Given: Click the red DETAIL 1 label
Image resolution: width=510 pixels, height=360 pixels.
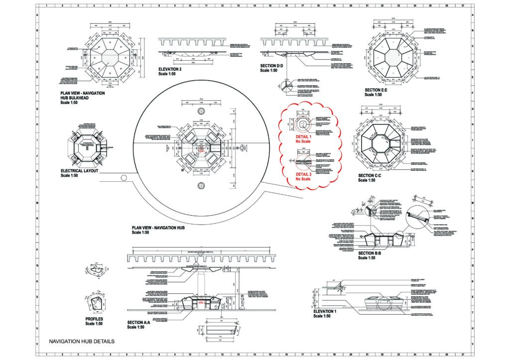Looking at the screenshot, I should (303, 136).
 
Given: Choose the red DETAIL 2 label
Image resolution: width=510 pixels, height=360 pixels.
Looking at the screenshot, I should (303, 174).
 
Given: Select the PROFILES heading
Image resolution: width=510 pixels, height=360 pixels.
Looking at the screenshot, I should (94, 319).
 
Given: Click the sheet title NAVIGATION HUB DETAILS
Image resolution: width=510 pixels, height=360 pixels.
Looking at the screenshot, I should (82, 342).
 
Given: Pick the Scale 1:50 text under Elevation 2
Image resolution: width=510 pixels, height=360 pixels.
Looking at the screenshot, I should (169, 75).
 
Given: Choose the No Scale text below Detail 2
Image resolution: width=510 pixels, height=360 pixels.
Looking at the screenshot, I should (303, 179).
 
